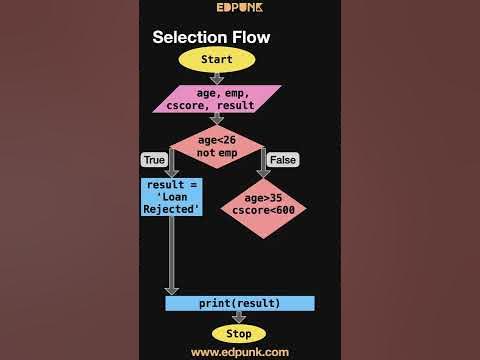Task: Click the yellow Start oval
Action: coord(216,59)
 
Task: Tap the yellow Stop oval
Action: coord(239,333)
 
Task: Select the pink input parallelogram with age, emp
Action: coord(217,100)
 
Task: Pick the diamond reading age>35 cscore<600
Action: coord(263,208)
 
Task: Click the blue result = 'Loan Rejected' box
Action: coord(173,197)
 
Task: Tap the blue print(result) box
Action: coord(240,303)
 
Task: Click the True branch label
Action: coord(154,160)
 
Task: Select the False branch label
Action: coord(283,160)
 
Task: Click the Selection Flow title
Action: coord(210,37)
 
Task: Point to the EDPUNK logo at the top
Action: coord(239,8)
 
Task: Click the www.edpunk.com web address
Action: coord(240,352)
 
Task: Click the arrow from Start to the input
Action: coord(216,78)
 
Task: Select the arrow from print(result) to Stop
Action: coord(239,317)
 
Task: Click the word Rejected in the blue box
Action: coord(173,209)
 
